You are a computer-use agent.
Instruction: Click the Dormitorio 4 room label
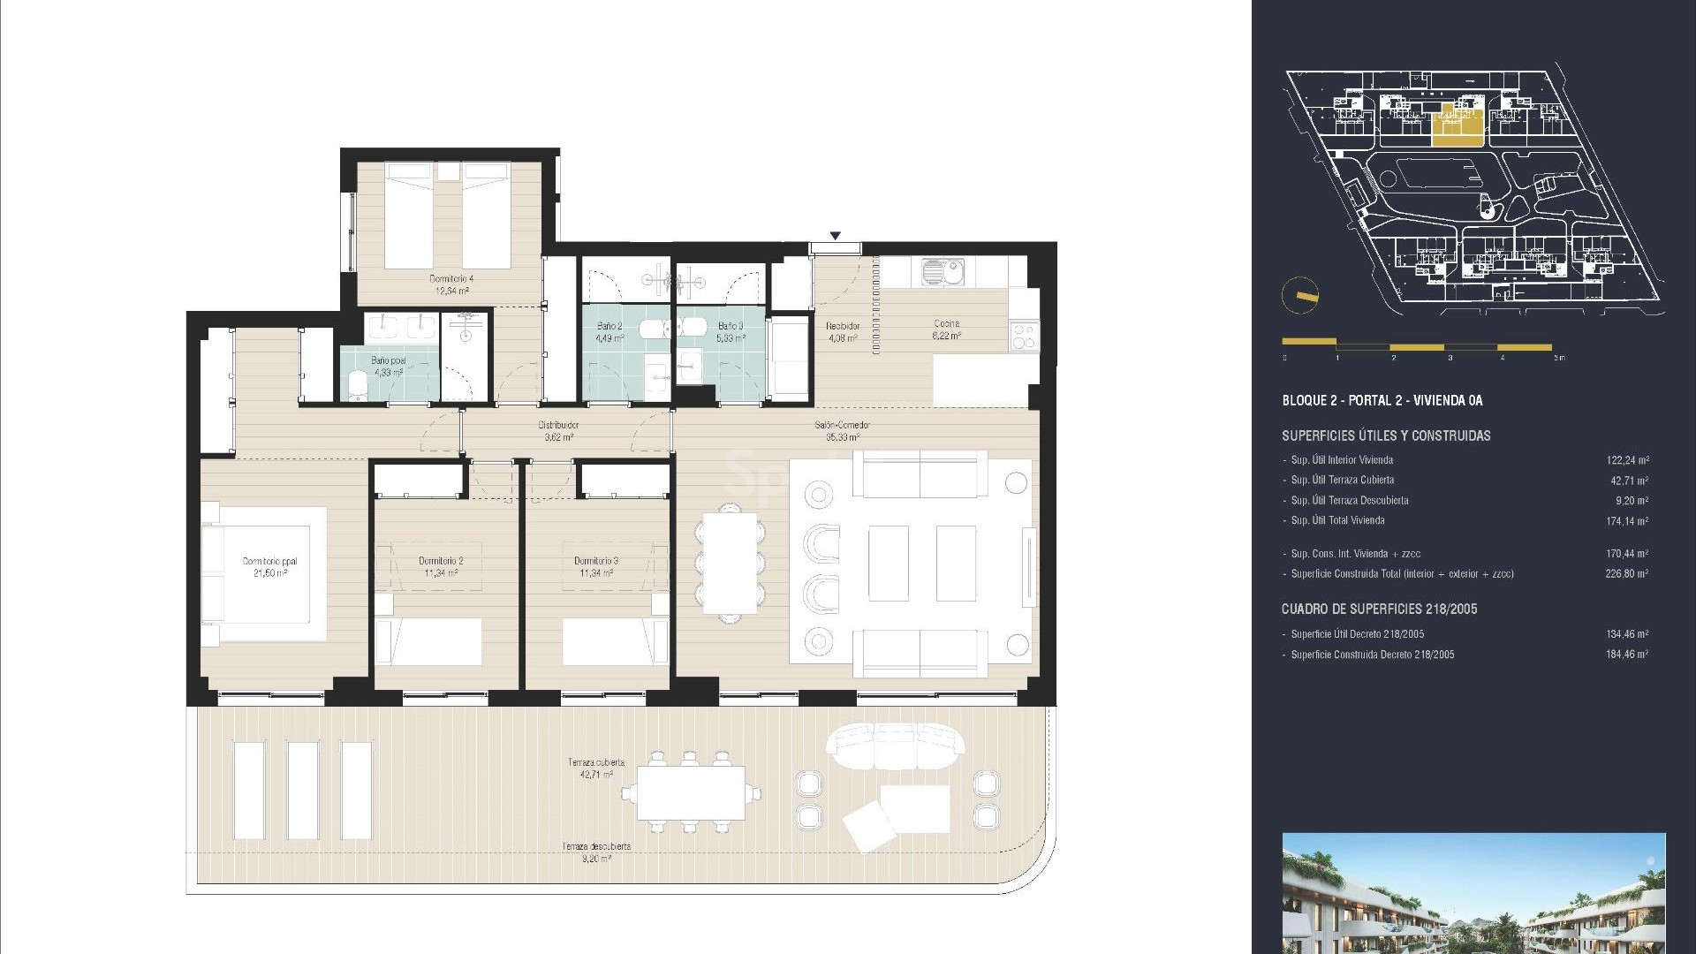451,284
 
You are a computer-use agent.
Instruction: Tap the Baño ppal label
389,367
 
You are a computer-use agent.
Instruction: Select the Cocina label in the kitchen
946,329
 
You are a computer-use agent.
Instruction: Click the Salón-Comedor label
842,430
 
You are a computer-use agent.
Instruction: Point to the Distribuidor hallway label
558,430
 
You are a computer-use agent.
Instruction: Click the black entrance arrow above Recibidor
835,236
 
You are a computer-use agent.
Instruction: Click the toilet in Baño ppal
357,386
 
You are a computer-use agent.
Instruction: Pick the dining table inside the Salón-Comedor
730,563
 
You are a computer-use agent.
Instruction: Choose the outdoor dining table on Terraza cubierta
689,791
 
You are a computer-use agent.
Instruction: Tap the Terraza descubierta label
596,851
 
